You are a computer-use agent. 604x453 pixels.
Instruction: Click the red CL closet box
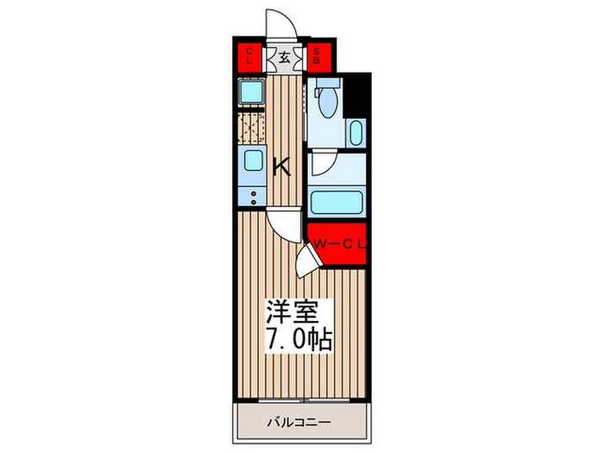click(249, 58)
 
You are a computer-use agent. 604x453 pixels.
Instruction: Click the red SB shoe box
click(316, 58)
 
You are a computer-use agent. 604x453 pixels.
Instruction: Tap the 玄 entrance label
click(282, 59)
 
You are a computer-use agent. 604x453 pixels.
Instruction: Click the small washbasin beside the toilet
click(356, 135)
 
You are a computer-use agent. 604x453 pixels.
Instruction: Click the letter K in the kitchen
click(281, 167)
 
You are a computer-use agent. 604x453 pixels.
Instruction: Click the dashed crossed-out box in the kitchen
click(251, 128)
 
